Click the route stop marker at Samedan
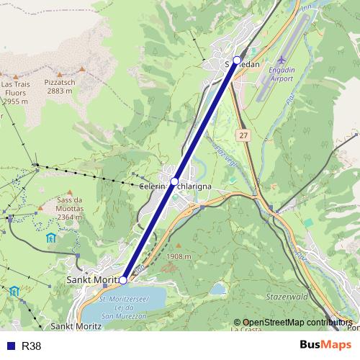point(237,60)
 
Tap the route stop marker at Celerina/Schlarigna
point(175,181)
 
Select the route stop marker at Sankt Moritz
point(123,280)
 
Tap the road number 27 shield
point(244,135)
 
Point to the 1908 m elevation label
point(178,256)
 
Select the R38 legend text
point(31,346)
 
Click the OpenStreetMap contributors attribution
point(297,323)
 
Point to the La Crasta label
point(247,329)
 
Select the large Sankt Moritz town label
point(91,279)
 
